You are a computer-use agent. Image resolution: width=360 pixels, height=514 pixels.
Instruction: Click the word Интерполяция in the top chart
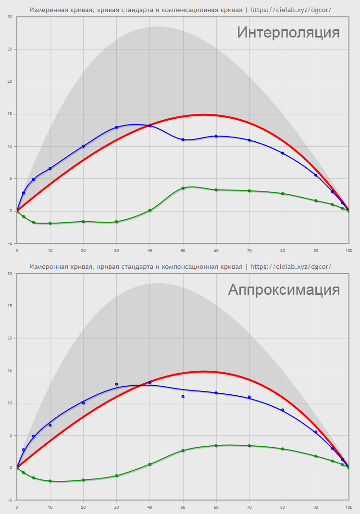coord(288,33)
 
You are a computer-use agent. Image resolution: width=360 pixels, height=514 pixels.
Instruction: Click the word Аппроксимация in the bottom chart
coord(284,289)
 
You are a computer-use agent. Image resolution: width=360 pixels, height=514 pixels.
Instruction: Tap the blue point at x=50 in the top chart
coord(183,139)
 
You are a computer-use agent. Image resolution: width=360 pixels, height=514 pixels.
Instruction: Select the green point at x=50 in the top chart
coord(183,188)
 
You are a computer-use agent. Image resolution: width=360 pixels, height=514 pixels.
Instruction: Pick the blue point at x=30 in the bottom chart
coord(116,384)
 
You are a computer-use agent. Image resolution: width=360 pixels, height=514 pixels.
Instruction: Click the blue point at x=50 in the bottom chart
coord(183,396)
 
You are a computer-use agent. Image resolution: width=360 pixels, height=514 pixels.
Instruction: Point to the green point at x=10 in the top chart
coord(50,223)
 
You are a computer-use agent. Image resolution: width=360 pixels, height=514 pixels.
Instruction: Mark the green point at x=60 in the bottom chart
coord(216,445)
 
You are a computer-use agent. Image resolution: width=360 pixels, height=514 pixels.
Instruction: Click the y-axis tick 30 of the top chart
coord(10,17)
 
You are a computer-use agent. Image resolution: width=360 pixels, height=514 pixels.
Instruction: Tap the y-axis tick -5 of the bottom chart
coord(10,500)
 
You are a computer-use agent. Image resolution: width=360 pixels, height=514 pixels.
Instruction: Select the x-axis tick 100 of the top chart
coord(348,250)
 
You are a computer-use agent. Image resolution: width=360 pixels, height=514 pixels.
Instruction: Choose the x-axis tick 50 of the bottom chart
coord(183,507)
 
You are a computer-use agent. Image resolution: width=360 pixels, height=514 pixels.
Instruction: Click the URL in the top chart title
coord(291,10)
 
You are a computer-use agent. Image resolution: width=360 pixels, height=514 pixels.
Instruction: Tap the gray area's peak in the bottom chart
coord(158,284)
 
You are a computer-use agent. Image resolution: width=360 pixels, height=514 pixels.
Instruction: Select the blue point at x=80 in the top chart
coord(283,153)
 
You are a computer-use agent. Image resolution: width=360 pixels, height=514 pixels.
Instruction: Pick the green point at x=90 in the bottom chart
coord(316,456)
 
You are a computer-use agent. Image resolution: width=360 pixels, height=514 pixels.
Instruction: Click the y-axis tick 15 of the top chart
coord(10,114)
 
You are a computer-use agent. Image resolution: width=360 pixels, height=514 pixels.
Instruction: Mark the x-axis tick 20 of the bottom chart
coord(83,507)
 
